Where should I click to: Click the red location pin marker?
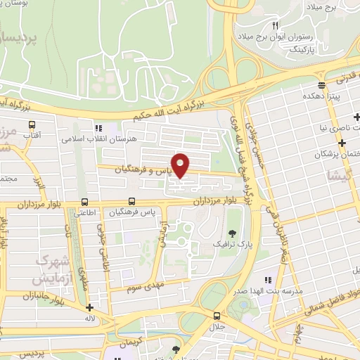(181, 165)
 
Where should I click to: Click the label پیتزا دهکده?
(323, 94)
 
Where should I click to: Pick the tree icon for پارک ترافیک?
(233, 233)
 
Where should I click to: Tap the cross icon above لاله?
(89, 307)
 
